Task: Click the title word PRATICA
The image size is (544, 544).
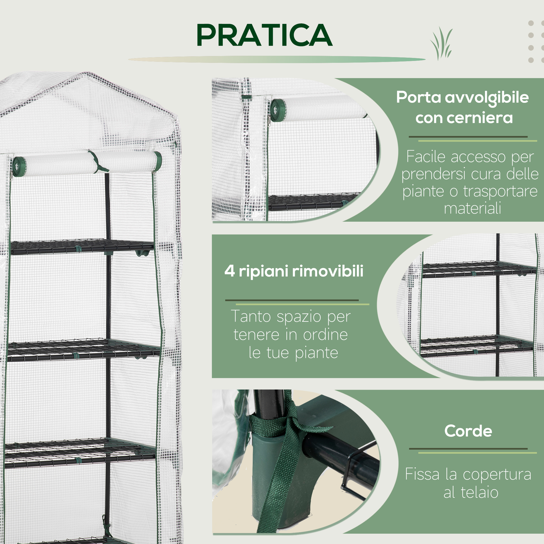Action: (x=265, y=35)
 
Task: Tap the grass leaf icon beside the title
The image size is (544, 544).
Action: (x=441, y=44)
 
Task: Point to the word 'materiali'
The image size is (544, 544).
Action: (x=472, y=209)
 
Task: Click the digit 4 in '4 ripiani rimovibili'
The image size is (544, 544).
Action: (x=230, y=271)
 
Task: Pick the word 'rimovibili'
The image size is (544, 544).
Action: (x=328, y=271)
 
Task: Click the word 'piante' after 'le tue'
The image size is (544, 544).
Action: (x=316, y=353)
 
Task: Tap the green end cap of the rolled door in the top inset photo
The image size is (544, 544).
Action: (x=278, y=110)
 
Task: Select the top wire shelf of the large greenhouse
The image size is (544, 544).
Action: (x=82, y=247)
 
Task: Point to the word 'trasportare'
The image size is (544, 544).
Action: (x=500, y=192)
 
